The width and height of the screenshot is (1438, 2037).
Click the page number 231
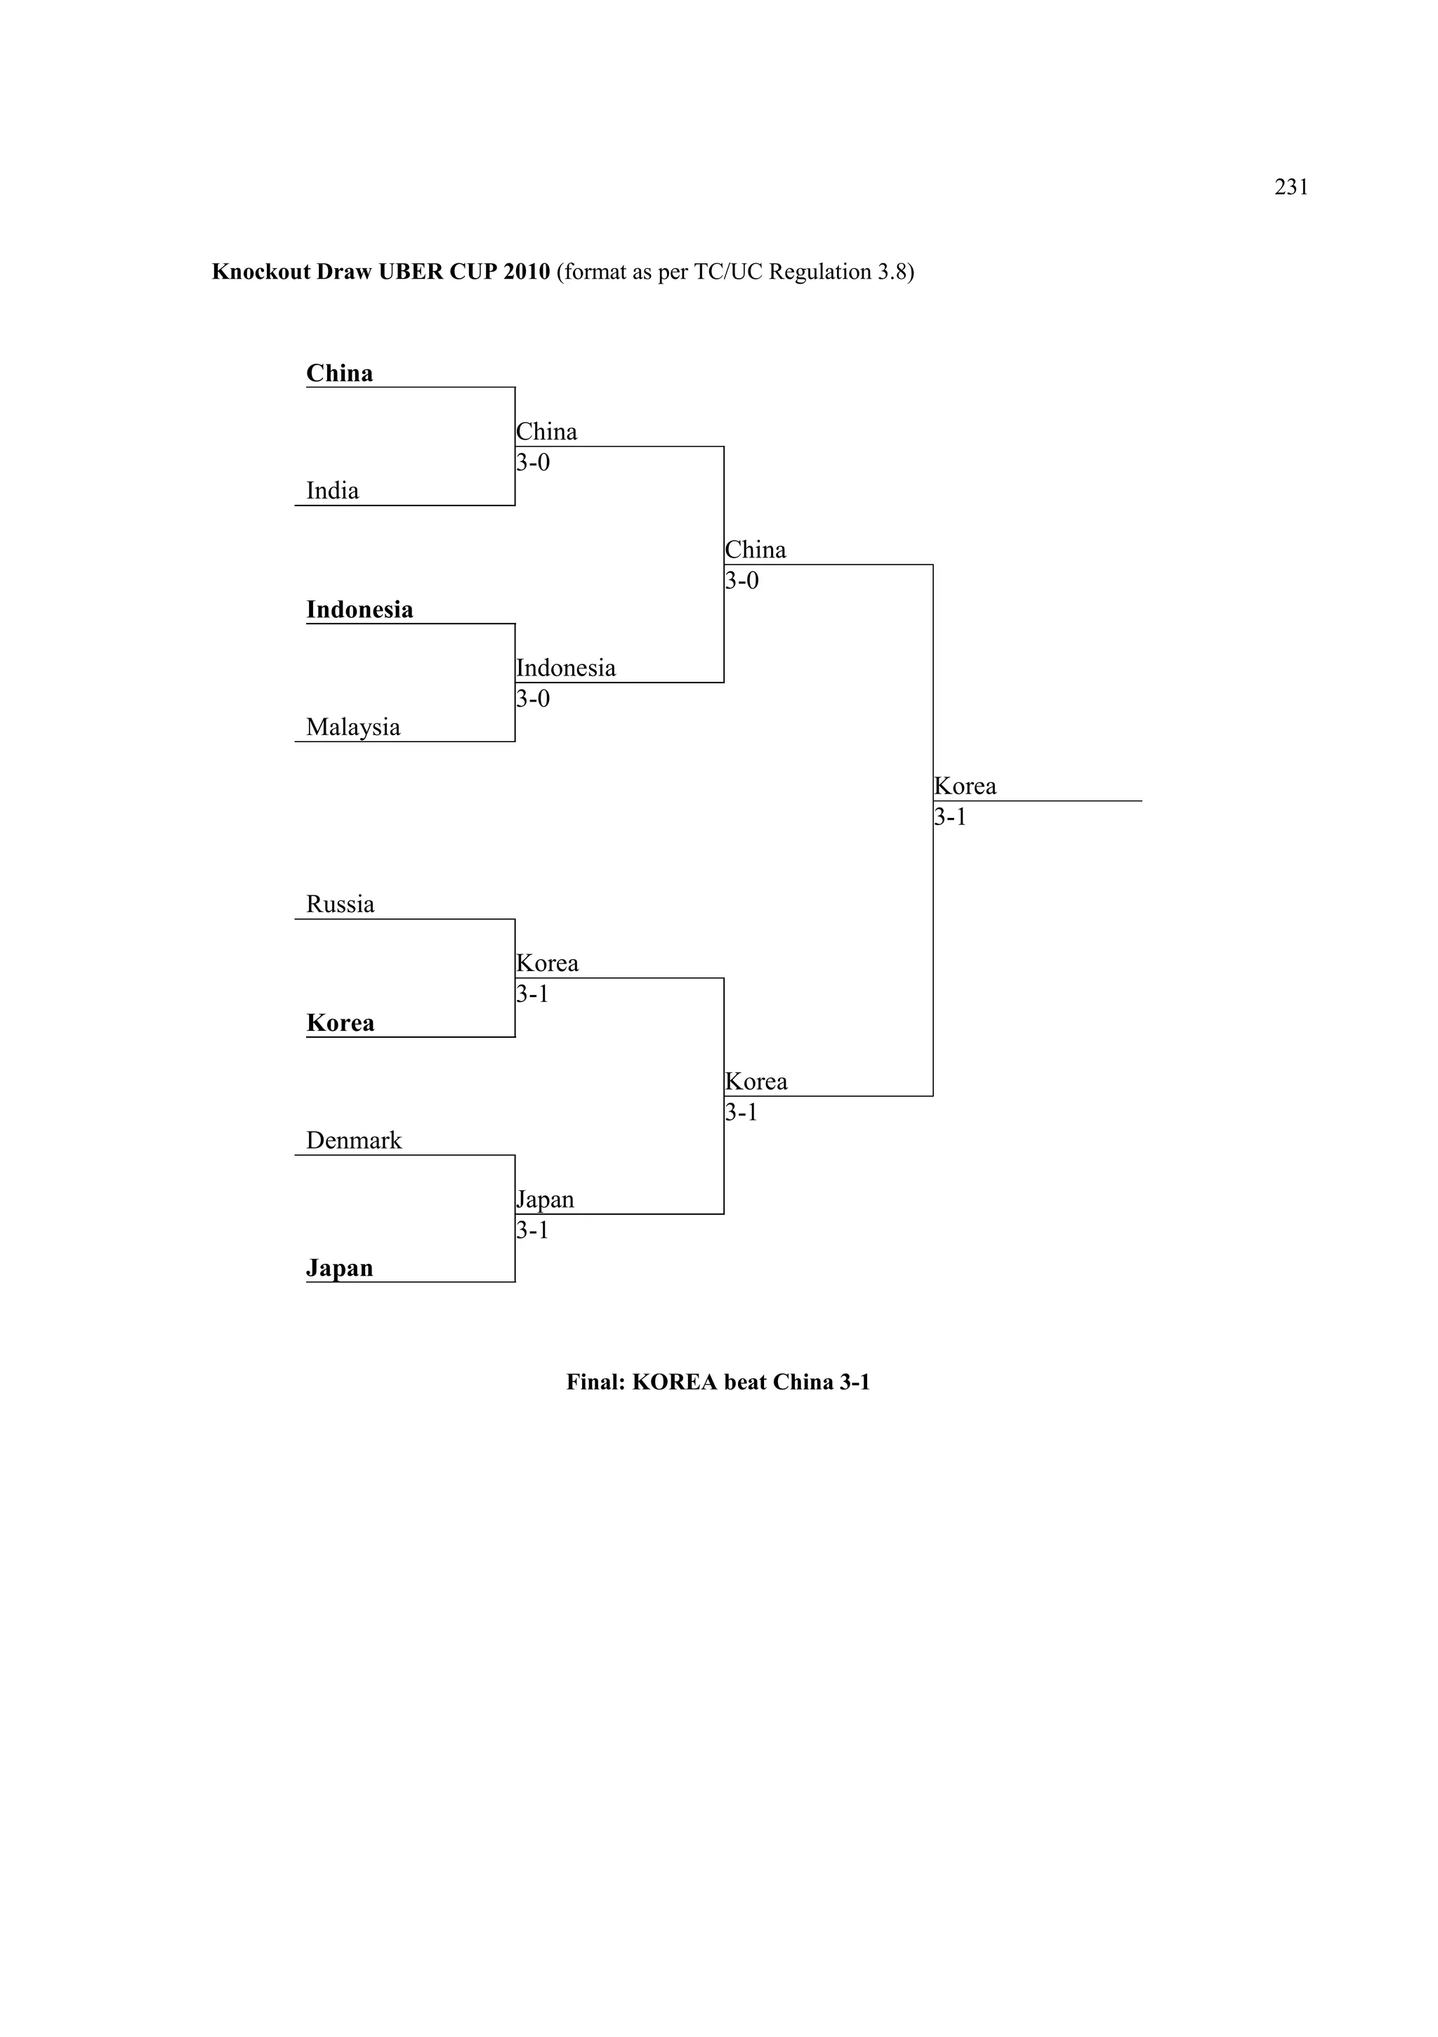pos(1291,187)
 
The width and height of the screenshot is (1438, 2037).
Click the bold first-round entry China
pos(339,374)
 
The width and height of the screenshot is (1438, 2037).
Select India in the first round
pos(332,491)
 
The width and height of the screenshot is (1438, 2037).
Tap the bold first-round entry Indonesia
pos(359,609)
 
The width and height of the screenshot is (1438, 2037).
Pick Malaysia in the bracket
pos(352,727)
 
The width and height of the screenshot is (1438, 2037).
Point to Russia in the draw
pos(340,905)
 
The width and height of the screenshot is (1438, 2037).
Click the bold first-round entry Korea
pos(340,1023)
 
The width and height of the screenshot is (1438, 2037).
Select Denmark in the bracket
pos(353,1141)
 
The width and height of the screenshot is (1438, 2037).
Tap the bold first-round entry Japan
pos(339,1268)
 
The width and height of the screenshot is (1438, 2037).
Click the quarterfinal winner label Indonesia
pos(566,668)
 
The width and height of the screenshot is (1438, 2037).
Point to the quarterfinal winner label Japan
pos(546,1199)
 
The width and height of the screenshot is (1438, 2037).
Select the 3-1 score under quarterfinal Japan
pos(532,1230)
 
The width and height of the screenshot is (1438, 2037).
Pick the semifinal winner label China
pos(756,550)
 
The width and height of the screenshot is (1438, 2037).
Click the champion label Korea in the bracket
pos(965,786)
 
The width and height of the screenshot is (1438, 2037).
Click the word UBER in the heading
pos(411,272)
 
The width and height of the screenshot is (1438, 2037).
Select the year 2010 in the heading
pos(526,272)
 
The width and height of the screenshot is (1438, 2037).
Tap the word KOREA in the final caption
pos(674,1383)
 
